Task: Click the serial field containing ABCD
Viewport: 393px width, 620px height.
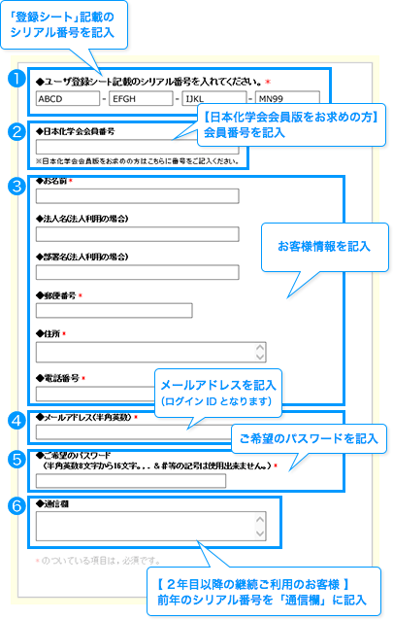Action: (x=68, y=98)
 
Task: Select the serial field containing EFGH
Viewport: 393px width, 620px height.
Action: (x=141, y=98)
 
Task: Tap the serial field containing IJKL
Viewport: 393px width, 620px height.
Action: (x=214, y=98)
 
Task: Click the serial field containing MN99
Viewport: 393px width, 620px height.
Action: (x=287, y=97)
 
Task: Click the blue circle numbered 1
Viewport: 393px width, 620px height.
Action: (x=16, y=79)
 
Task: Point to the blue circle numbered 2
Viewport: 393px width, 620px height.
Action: (x=16, y=131)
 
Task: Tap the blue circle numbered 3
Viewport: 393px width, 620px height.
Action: (x=16, y=186)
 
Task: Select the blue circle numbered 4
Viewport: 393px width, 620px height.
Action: (x=16, y=421)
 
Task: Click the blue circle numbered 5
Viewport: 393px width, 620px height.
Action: (x=16, y=460)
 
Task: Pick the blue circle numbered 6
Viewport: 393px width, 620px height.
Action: (x=16, y=506)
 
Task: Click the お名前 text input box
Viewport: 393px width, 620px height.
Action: (x=138, y=196)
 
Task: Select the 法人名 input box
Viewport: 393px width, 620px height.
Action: (x=138, y=234)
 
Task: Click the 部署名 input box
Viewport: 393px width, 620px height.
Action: (x=138, y=272)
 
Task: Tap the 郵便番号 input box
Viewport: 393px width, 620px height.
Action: (x=115, y=310)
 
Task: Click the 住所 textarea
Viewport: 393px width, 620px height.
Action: (x=150, y=353)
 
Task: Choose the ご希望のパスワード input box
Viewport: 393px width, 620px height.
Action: (x=131, y=481)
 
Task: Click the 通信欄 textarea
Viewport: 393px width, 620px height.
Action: (x=150, y=527)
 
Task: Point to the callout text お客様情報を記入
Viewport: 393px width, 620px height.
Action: (x=324, y=246)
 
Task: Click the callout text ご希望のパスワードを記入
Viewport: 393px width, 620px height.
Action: (x=309, y=438)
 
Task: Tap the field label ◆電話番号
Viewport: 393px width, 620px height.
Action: (x=57, y=378)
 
